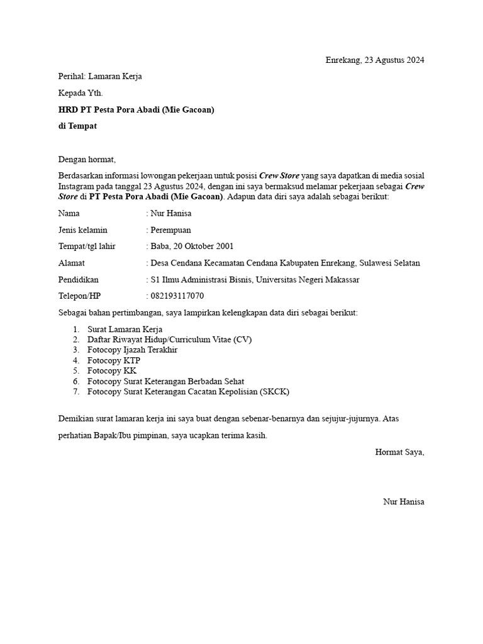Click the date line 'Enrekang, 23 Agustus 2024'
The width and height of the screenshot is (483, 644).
375,60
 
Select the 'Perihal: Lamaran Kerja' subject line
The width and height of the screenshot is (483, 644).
100,77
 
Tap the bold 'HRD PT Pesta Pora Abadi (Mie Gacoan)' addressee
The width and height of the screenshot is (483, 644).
136,110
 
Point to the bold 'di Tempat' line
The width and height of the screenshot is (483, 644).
77,126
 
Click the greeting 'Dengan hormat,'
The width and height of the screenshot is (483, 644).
87,159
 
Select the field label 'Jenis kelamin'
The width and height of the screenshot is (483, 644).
82,230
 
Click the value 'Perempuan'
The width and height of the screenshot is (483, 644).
170,230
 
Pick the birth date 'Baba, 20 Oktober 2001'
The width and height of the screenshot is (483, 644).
191,247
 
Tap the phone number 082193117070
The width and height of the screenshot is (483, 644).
177,296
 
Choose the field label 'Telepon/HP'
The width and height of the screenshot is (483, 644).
79,296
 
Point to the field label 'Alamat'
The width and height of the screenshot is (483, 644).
71,263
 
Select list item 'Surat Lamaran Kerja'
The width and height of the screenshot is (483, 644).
125,330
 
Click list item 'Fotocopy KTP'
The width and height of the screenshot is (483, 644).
114,361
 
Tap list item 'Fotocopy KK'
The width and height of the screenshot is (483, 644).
112,371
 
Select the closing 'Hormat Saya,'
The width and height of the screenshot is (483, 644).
399,452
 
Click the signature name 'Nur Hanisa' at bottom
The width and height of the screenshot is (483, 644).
404,501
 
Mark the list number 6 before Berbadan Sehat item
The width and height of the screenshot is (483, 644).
75,382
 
